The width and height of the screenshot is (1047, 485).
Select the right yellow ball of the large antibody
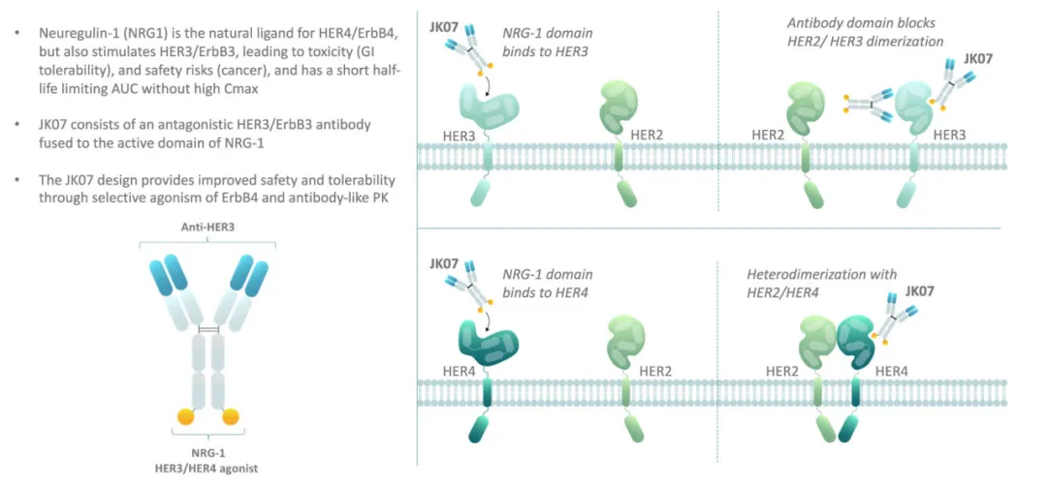(x=231, y=418)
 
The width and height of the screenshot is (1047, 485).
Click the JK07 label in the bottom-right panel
(x=920, y=290)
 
